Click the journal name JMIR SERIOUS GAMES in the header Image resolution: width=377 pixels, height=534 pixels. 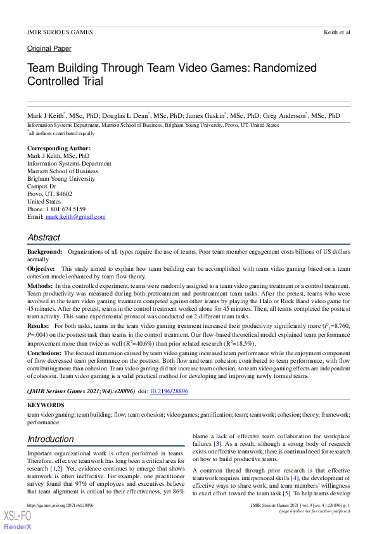pyautogui.click(x=60, y=32)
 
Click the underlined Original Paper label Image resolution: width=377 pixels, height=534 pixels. pyautogui.click(x=49, y=49)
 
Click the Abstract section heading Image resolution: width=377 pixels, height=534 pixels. pyautogui.click(x=44, y=237)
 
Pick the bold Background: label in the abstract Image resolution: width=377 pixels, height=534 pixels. pyautogui.click(x=44, y=252)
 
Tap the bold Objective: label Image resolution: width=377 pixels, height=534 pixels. pyautogui.click(x=41, y=269)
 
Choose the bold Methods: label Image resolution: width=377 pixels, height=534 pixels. pyautogui.click(x=39, y=287)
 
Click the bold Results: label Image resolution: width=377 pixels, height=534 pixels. pyautogui.click(x=38, y=325)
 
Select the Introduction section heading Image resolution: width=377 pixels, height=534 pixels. pyautogui.click(x=51, y=439)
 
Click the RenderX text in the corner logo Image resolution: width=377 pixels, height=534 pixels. pyautogui.click(x=19, y=527)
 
